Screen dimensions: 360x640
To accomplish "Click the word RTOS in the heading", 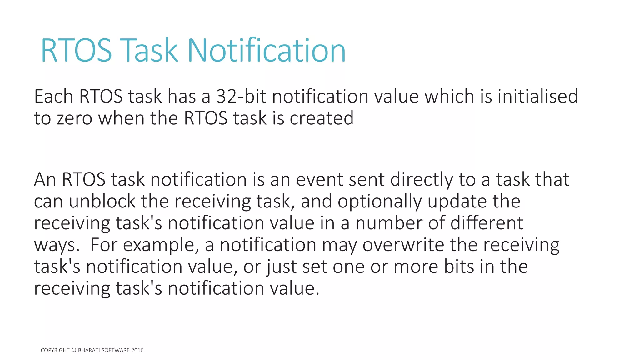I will (76, 50).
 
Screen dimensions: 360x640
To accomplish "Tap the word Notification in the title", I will (267, 50).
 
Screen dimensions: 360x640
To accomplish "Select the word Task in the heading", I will (149, 50).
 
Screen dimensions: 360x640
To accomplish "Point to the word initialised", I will (537, 96).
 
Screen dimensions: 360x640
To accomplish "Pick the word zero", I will (75, 118).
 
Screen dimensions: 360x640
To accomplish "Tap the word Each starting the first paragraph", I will (53, 96).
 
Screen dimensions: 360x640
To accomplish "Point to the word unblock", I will (102, 201).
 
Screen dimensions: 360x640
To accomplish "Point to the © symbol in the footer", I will (74, 350).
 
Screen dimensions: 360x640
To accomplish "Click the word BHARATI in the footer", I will (89, 350).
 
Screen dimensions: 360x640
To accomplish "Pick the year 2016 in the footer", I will (137, 350).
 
